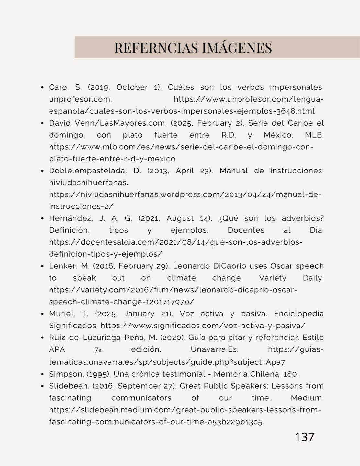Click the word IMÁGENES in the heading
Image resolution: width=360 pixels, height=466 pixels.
[x=237, y=48]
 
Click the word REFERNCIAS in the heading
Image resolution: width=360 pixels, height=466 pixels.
[x=156, y=48]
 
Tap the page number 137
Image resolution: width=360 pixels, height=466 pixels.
[x=304, y=437]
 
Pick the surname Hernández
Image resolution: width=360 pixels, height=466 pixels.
[x=71, y=218]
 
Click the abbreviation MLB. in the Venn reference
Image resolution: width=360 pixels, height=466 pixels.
[x=314, y=135]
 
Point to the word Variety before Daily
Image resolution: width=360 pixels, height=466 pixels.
[x=273, y=278]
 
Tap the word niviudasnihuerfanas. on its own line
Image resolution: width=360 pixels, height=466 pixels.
[x=88, y=183]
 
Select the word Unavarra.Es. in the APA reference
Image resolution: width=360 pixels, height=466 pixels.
[x=214, y=349]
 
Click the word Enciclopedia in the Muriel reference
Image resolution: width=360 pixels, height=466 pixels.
[x=298, y=314]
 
